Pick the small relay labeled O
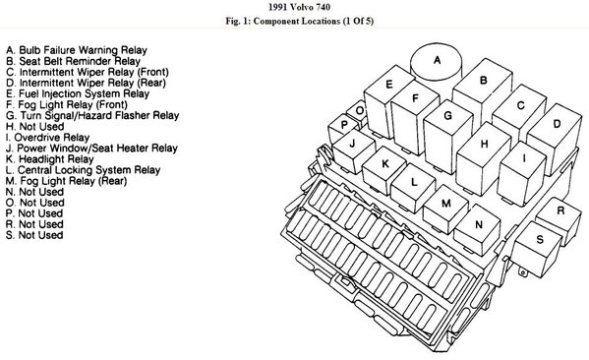click(x=358, y=111)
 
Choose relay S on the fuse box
click(x=538, y=248)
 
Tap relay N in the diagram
click(x=478, y=228)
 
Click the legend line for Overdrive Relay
click(x=47, y=138)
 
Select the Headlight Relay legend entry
click(x=49, y=159)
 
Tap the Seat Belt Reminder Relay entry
click(x=73, y=61)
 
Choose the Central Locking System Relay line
click(x=83, y=170)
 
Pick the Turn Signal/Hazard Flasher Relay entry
click(x=92, y=116)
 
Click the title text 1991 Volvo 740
click(x=300, y=7)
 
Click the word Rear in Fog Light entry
click(x=112, y=181)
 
